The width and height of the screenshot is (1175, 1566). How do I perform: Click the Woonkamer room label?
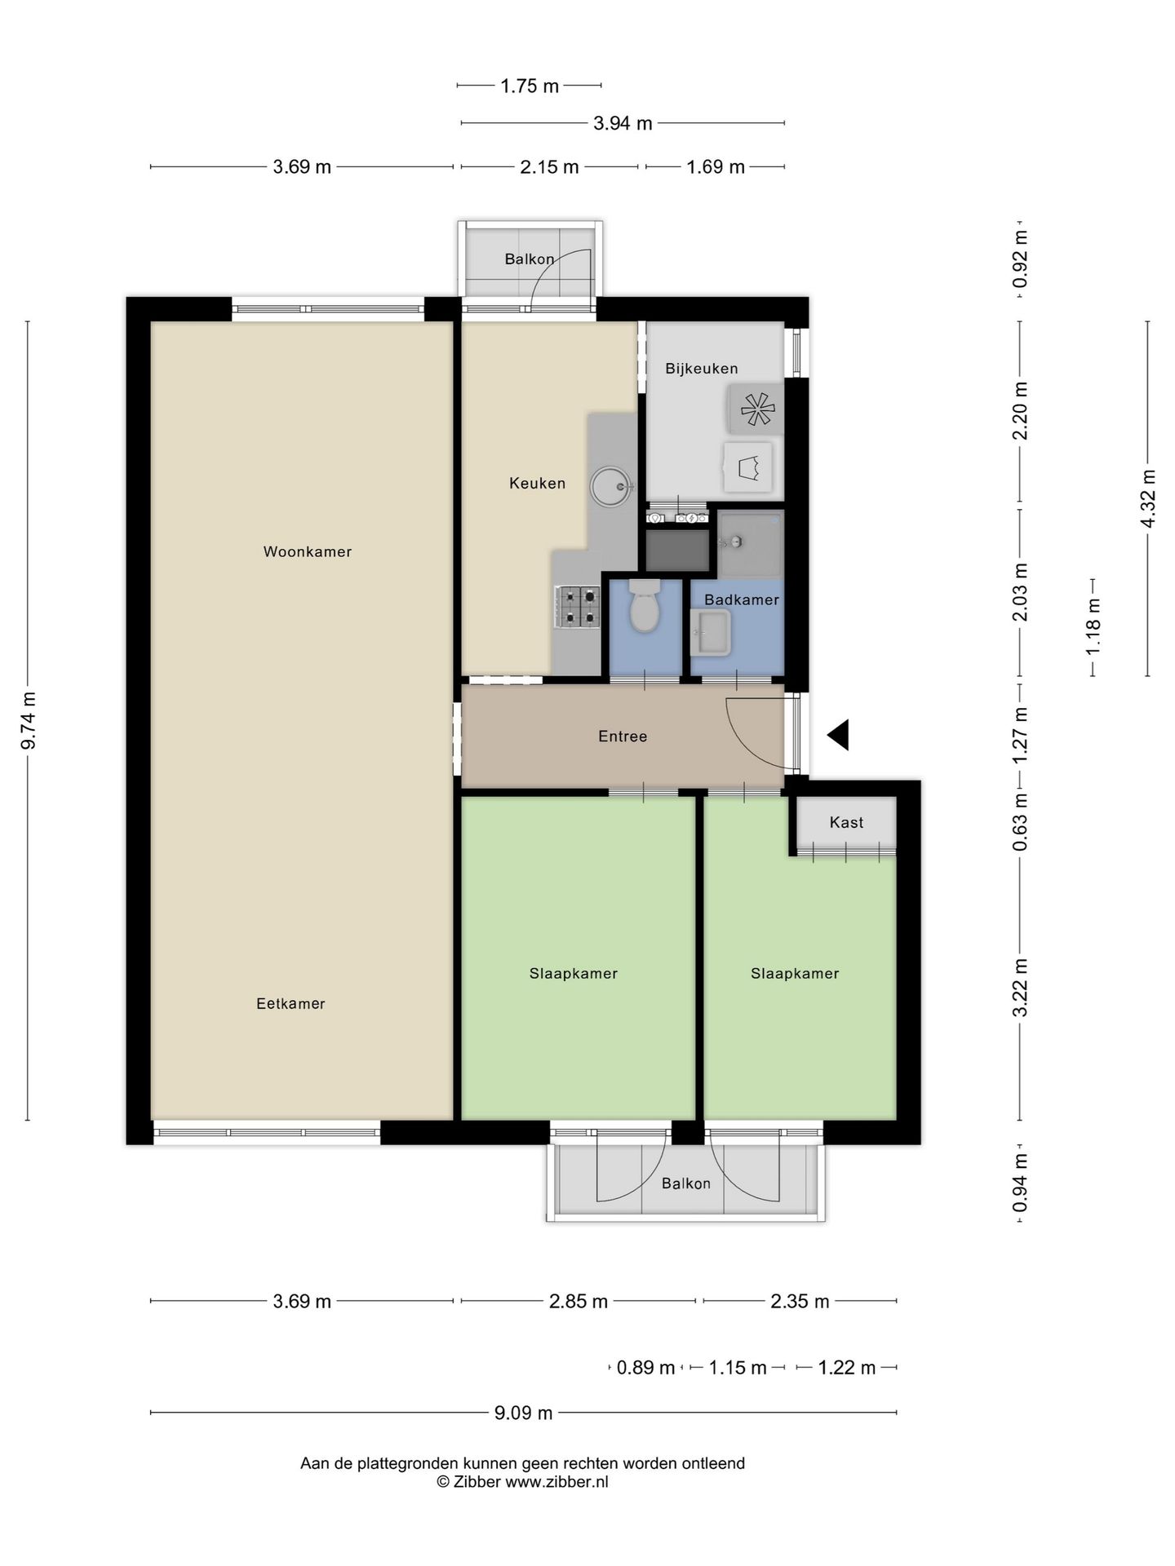click(308, 552)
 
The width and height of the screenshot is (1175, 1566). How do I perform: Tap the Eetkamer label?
click(290, 1004)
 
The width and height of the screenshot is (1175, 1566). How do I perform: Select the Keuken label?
click(537, 484)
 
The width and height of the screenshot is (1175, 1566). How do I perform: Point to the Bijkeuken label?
click(702, 369)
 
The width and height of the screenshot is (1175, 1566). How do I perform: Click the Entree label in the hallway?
click(623, 737)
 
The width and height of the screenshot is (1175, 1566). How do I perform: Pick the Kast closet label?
click(846, 822)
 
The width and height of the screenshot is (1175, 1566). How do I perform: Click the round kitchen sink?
click(611, 487)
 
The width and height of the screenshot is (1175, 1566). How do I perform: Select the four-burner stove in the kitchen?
click(578, 608)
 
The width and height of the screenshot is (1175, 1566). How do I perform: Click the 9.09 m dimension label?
click(524, 1413)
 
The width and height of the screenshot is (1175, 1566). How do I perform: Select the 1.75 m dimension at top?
click(530, 86)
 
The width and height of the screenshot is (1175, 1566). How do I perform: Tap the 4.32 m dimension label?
click(1148, 498)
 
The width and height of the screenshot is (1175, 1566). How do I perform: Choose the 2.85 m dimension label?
click(579, 1301)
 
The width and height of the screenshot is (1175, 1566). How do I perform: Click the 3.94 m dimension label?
click(623, 123)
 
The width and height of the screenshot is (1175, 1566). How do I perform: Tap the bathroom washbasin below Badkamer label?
click(711, 634)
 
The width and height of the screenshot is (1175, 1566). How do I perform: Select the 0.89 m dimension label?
click(646, 1368)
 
